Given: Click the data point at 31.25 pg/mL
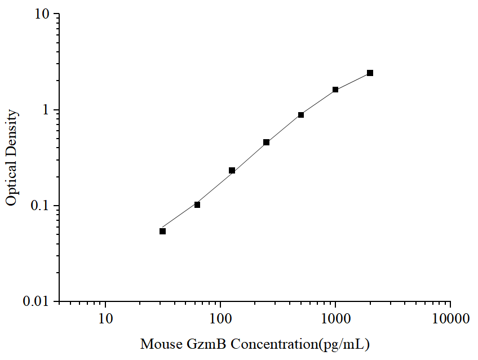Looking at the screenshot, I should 162,231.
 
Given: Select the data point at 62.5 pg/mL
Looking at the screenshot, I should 197,205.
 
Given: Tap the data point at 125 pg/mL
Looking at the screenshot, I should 232,170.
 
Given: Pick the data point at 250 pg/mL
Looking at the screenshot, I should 266,142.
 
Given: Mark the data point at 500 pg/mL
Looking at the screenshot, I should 301,115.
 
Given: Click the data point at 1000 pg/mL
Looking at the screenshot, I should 335,90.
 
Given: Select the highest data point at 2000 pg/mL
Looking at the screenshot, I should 370,73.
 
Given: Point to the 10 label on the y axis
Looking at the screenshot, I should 43,14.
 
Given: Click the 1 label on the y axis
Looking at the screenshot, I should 47,110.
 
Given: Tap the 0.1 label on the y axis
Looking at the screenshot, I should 41,206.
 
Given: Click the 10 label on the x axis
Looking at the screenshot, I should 105,319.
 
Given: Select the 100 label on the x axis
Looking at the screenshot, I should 220,319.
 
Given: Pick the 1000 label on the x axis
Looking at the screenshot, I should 335,319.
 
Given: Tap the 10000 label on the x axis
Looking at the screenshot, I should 450,319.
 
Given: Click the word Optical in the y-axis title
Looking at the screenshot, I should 12,184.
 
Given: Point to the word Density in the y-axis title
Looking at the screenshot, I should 12,132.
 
